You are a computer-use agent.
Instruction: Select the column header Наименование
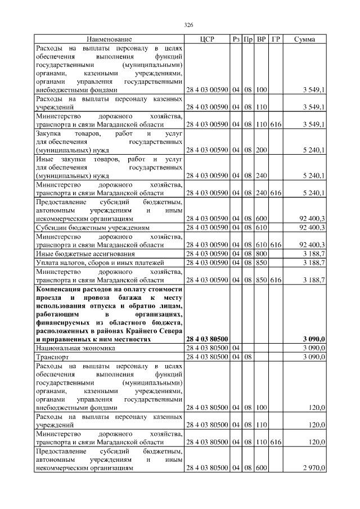(x=109, y=39)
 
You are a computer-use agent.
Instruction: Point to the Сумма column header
(x=304, y=39)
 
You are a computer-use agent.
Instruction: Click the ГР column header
(x=275, y=39)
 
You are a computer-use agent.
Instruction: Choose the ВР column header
(x=261, y=39)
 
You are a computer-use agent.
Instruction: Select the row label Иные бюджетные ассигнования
(x=85, y=254)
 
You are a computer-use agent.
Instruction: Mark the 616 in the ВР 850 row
(x=275, y=280)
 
